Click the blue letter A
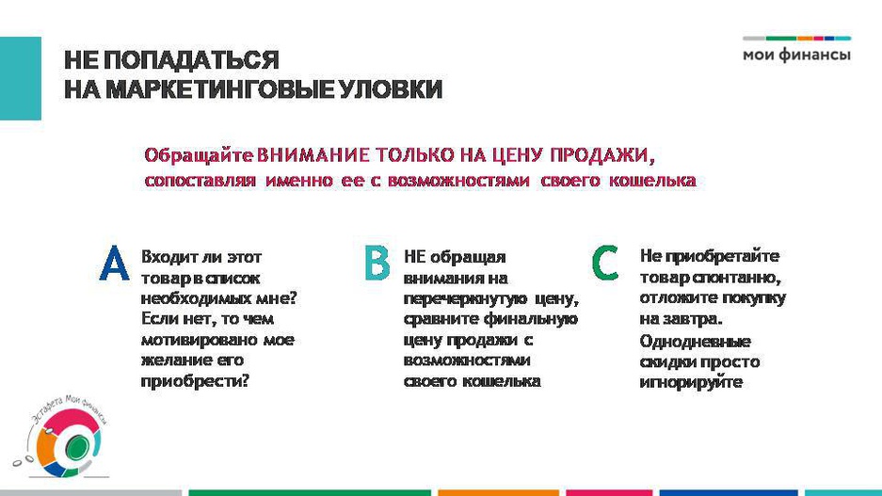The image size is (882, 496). pyautogui.click(x=114, y=264)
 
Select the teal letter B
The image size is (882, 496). pyautogui.click(x=377, y=263)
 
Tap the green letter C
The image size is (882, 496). pyautogui.click(x=605, y=263)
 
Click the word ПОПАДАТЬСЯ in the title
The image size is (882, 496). pyautogui.click(x=191, y=59)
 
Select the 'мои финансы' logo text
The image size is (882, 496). pyautogui.click(x=796, y=56)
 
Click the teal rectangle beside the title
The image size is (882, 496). pyautogui.click(x=21, y=78)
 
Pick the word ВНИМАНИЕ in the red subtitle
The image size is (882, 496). pyautogui.click(x=313, y=154)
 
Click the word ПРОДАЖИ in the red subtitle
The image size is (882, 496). pyautogui.click(x=601, y=154)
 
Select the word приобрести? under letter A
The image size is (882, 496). pyautogui.click(x=195, y=381)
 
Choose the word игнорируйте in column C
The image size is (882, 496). pyautogui.click(x=691, y=382)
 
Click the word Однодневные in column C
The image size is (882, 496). pyautogui.click(x=696, y=342)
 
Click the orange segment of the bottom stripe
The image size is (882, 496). pyautogui.click(x=498, y=492)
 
